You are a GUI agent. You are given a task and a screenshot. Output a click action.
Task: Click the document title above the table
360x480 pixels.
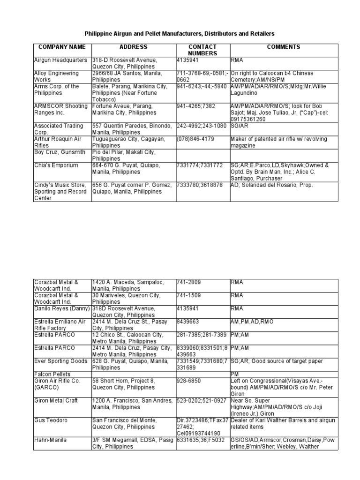[x=180, y=34]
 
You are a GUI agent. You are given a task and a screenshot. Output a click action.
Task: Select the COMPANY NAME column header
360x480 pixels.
[x=62, y=47]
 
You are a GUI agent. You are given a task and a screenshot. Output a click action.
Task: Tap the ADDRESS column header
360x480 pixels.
[x=133, y=47]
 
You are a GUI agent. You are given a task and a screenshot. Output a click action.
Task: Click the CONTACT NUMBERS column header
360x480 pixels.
[x=202, y=50]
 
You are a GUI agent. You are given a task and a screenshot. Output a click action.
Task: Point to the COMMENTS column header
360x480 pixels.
[x=283, y=47]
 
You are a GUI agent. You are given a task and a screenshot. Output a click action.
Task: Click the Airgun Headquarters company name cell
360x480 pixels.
[x=60, y=60]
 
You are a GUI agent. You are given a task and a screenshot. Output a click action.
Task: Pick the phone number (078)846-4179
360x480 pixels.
[x=196, y=139]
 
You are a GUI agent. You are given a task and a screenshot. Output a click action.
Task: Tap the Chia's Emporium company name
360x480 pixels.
[x=56, y=165]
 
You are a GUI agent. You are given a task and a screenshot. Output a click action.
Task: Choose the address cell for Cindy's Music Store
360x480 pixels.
[x=133, y=188]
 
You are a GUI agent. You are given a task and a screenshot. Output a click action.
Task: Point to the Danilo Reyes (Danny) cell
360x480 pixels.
[x=60, y=308]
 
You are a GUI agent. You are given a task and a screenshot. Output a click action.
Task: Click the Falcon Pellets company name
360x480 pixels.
[x=52, y=374]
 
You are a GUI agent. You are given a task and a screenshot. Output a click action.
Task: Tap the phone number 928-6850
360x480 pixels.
[x=189, y=381]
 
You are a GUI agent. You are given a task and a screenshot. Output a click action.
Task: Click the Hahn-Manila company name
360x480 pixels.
[x=50, y=440]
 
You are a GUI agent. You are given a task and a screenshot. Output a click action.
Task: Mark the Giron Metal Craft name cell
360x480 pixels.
[x=56, y=401]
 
